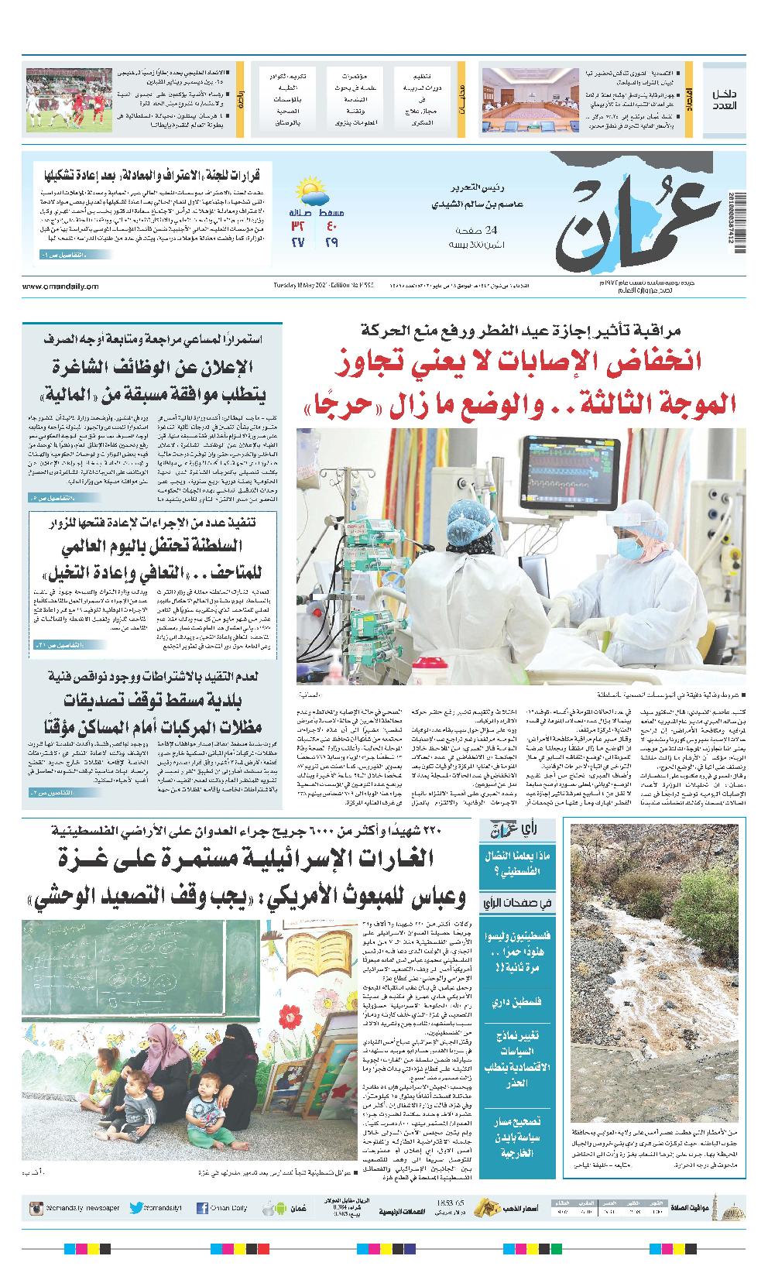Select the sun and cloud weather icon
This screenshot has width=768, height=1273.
pyautogui.click(x=312, y=190)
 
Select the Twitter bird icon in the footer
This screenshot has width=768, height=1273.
pyautogui.click(x=137, y=1207)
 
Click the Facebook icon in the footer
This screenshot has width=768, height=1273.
pyautogui.click(x=202, y=1207)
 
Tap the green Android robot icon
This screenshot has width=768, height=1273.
pyautogui.click(x=268, y=1207)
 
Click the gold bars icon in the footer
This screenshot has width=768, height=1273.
pyautogui.click(x=486, y=1207)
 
